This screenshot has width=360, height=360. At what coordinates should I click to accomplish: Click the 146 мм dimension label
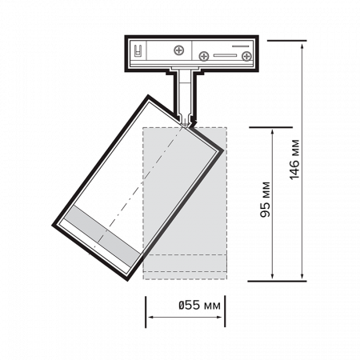(294, 159)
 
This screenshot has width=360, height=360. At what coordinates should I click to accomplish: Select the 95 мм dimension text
(265, 199)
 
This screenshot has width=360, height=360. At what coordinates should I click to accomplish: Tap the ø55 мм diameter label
(199, 305)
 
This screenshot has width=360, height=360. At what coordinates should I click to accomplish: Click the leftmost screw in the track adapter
(179, 50)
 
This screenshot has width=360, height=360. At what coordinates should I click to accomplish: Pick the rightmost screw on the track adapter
(246, 56)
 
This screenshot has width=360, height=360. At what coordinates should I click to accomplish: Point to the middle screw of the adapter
(204, 56)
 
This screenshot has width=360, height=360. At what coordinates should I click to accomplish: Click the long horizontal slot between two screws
(225, 55)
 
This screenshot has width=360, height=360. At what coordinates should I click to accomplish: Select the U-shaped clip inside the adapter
(138, 50)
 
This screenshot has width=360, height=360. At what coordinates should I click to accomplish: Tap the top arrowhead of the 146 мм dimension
(302, 46)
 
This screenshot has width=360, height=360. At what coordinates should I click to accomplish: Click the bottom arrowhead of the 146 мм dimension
(302, 276)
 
